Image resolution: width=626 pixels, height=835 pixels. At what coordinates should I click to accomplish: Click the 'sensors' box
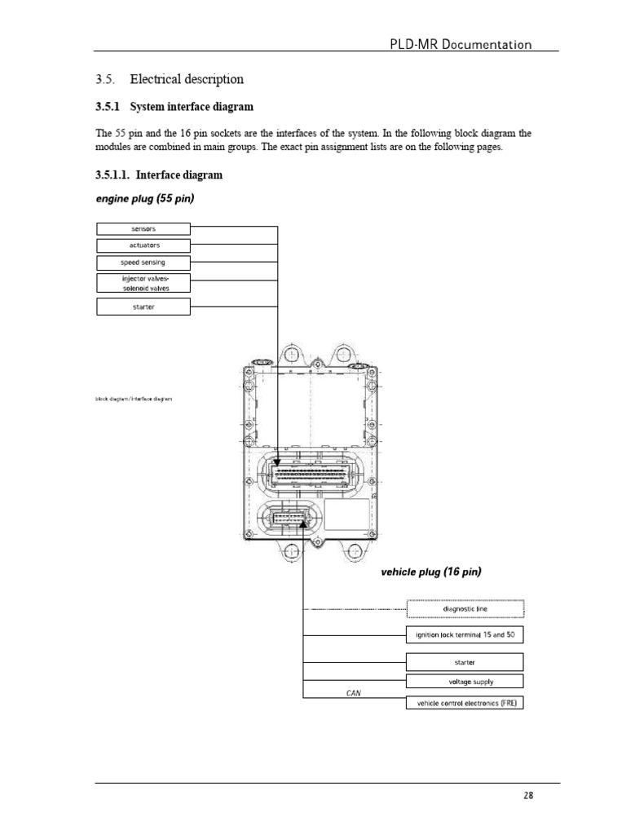(143, 229)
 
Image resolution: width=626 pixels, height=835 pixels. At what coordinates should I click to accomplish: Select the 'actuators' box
(143, 245)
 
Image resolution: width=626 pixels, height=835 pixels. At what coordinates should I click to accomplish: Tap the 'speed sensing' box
(143, 263)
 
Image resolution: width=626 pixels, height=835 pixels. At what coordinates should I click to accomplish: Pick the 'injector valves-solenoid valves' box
(143, 283)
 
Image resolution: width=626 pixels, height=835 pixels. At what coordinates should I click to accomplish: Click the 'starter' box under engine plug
(143, 307)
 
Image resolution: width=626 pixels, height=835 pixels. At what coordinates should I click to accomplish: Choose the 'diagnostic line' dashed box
(465, 608)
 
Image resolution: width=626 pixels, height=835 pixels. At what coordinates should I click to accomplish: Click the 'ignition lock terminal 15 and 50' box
(465, 634)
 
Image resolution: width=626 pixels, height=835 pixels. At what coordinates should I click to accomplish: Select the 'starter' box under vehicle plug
(465, 662)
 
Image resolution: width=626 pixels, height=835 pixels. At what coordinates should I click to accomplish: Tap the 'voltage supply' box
(465, 681)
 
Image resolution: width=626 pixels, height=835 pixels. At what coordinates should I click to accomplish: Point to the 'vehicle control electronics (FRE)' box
(465, 702)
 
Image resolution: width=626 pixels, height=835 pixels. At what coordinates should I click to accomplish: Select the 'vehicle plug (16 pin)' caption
(430, 572)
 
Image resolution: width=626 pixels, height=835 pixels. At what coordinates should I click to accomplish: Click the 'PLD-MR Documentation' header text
(462, 44)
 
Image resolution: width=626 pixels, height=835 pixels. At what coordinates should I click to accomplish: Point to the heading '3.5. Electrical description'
(170, 79)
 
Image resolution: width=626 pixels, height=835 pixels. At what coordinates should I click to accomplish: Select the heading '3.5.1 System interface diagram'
(174, 107)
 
